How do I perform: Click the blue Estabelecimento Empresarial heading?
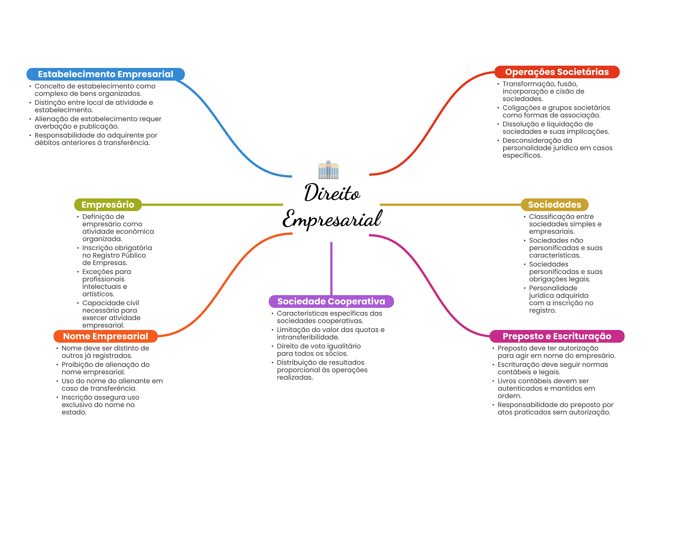coord(105,74)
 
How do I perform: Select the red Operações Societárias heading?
coord(557,72)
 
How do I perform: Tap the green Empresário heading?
coord(108,205)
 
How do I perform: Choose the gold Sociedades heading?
coord(554,205)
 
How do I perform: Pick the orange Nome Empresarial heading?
coord(105,336)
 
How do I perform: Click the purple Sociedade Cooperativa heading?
coord(331,301)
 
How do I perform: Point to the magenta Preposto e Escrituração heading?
coord(557,336)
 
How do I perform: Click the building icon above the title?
coord(328,169)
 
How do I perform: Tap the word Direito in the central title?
coord(332,193)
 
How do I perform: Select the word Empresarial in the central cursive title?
coord(332,219)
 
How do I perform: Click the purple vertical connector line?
coord(331,268)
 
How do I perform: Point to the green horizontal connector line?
coord(212,205)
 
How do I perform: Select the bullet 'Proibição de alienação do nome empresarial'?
coord(105,368)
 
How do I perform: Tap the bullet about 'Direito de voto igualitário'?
coord(318,350)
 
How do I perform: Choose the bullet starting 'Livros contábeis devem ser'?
coord(546,388)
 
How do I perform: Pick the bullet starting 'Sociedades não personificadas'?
coord(565,248)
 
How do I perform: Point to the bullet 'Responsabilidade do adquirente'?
coord(95,139)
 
